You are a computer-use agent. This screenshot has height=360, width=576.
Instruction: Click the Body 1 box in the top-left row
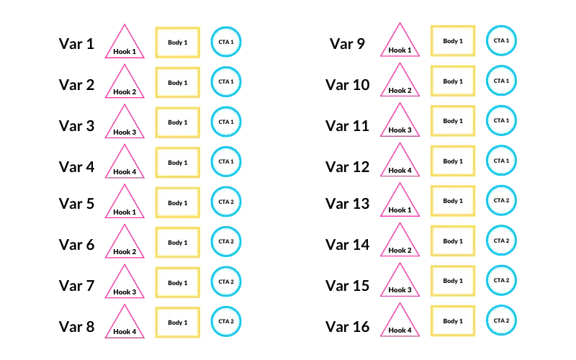point(177,42)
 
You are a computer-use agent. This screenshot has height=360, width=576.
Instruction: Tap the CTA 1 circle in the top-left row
point(226,42)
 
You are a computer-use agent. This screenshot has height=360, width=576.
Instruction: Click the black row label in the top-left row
point(76,43)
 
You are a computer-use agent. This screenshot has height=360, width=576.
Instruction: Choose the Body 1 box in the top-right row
point(453,42)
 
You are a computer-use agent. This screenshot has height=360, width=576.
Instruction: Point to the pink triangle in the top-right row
point(400,43)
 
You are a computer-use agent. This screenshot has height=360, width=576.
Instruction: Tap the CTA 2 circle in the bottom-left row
point(226,321)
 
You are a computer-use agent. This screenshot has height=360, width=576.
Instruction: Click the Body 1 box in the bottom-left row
point(177,323)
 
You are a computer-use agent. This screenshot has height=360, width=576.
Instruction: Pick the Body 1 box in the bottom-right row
point(453,321)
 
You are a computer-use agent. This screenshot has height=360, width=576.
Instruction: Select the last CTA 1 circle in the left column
point(226,161)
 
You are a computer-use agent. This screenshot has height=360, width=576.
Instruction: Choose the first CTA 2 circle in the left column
point(226,202)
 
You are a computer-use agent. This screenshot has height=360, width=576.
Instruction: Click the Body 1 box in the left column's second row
point(177,83)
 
